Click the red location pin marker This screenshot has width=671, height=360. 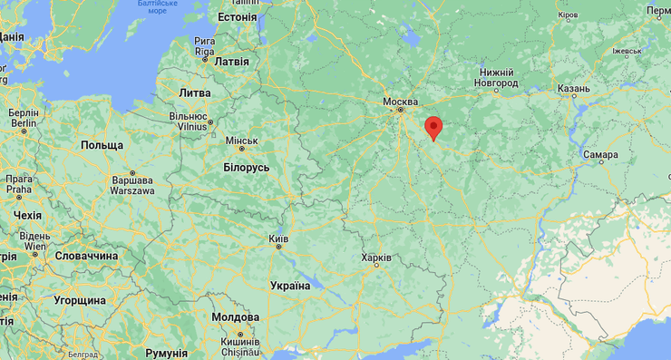[x=433, y=128]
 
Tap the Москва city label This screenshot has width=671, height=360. [x=400, y=102]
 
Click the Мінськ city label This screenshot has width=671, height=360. [x=241, y=141]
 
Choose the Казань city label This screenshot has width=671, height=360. [x=574, y=89]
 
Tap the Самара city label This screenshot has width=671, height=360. [x=601, y=155]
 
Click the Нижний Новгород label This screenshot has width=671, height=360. [x=498, y=78]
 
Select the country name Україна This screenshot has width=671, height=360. [x=290, y=286]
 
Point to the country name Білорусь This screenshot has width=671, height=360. [x=247, y=168]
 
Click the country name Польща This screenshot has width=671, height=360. [x=102, y=145]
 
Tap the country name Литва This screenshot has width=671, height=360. [x=195, y=93]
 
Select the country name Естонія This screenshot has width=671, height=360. [x=238, y=17]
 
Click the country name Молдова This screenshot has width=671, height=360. [x=235, y=316]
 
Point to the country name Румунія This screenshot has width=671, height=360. [x=166, y=352]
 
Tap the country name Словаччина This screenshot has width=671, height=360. [x=86, y=257]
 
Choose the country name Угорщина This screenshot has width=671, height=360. [x=80, y=300]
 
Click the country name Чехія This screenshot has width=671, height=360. [x=27, y=216]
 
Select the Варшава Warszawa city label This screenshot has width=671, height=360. [x=131, y=185]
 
